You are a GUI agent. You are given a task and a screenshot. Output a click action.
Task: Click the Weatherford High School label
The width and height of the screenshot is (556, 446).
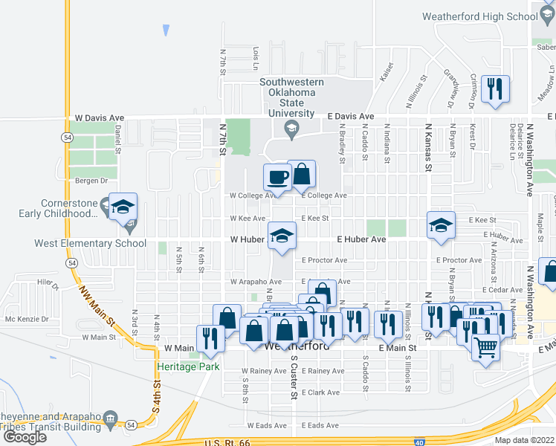click(x=479, y=16)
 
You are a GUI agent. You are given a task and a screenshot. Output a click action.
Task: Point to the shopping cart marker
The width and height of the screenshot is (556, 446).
click(x=485, y=346)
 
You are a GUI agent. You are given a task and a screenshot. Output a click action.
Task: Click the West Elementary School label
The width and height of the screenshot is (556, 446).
click(x=90, y=243)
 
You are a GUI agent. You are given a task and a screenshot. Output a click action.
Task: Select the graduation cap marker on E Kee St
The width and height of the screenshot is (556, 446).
click(x=441, y=224)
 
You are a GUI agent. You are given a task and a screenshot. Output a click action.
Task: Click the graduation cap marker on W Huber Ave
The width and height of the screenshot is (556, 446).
click(x=280, y=236)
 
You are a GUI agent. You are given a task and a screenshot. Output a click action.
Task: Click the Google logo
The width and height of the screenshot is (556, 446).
click(x=25, y=436)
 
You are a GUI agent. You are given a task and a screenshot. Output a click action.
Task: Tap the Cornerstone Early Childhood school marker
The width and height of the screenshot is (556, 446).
click(x=122, y=207)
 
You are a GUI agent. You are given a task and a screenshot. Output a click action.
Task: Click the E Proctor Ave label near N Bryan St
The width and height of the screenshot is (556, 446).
click(x=461, y=260)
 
